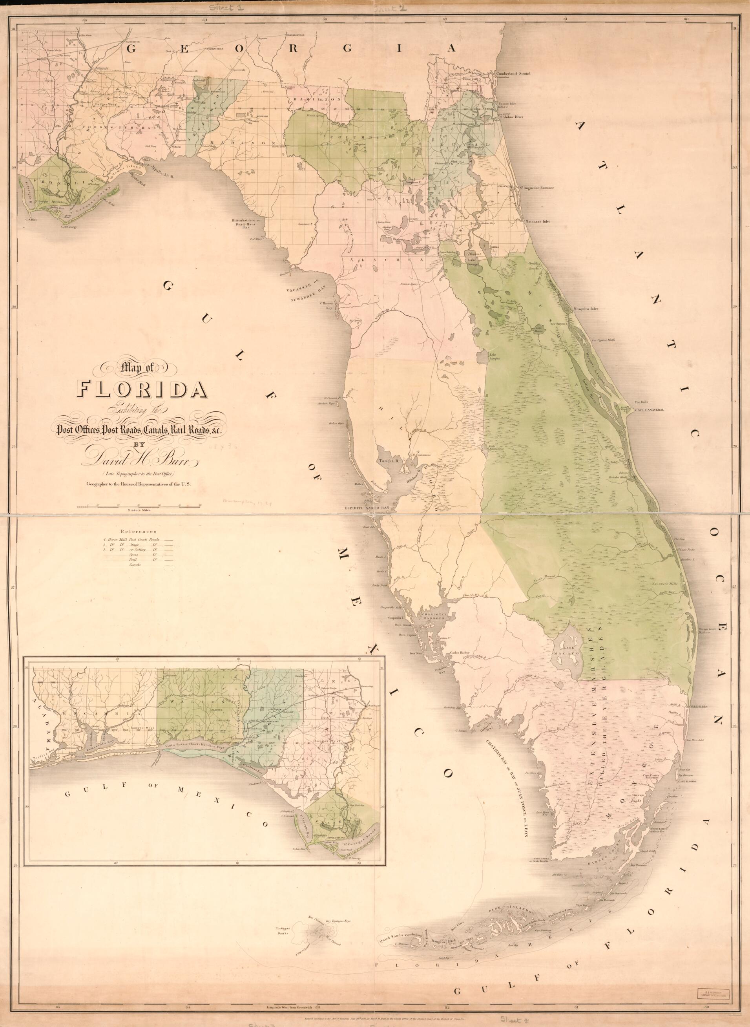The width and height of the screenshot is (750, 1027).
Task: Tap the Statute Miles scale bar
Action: pyautogui.click(x=139, y=505)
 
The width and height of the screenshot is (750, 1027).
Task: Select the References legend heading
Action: pyautogui.click(x=139, y=530)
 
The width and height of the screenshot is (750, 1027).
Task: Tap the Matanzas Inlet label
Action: pyautogui.click(x=538, y=221)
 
